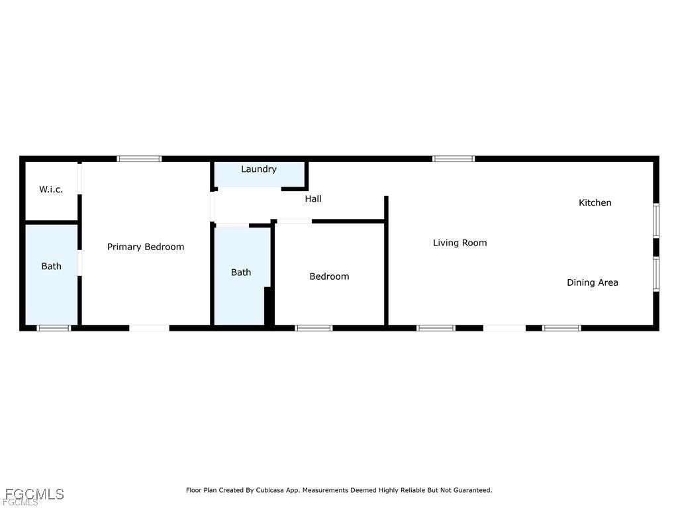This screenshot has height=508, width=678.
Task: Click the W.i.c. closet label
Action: click(x=51, y=190)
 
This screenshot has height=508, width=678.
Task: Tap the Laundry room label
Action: click(x=259, y=169)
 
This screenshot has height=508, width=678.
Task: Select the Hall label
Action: click(x=313, y=198)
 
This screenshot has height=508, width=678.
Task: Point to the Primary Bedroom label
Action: click(x=146, y=247)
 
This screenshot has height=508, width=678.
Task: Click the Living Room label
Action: click(x=460, y=243)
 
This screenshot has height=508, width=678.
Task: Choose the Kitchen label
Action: click(x=595, y=202)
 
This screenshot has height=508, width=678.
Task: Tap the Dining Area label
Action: click(x=592, y=282)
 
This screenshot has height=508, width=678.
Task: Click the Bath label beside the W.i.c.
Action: click(x=51, y=267)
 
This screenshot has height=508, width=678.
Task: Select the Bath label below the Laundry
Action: click(x=241, y=272)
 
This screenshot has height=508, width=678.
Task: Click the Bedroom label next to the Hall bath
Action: click(x=329, y=276)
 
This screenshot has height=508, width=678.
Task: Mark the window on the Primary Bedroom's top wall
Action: click(x=139, y=159)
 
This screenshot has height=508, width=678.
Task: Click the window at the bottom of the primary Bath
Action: click(x=53, y=327)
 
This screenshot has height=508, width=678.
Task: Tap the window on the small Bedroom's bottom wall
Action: click(x=313, y=327)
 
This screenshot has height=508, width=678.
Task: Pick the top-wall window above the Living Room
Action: click(x=454, y=159)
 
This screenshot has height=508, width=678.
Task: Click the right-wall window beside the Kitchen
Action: click(x=655, y=220)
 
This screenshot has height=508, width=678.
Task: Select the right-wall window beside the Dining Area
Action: click(x=655, y=274)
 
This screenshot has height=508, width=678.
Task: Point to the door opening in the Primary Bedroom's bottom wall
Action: click(x=149, y=327)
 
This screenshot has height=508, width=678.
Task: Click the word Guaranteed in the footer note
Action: click(x=470, y=490)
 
